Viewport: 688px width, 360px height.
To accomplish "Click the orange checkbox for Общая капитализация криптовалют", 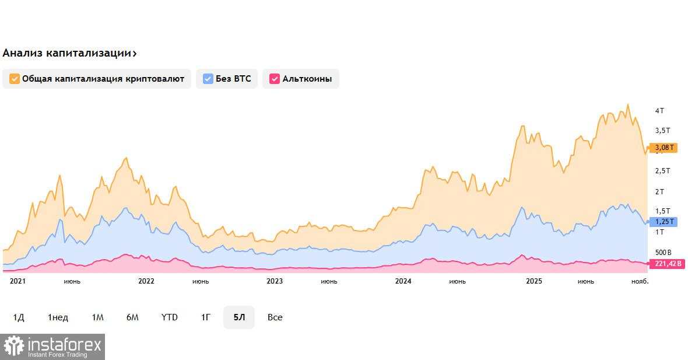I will (x=15, y=79).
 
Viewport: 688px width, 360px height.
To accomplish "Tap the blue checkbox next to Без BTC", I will (x=208, y=79).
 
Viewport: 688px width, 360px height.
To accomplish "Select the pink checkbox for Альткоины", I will (x=274, y=79).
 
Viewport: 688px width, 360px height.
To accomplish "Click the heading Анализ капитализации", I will (x=66, y=53).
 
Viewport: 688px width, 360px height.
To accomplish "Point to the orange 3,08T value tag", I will (x=664, y=148).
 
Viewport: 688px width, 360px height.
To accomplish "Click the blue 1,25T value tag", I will (x=664, y=222).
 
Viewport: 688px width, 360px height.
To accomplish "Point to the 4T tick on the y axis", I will (x=659, y=111).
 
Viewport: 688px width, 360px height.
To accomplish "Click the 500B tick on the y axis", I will (x=663, y=253).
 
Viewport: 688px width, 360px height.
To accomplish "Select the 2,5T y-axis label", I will (x=662, y=171).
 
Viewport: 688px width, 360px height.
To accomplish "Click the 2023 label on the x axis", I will (x=275, y=281).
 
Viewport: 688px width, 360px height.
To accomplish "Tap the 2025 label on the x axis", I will (x=534, y=281).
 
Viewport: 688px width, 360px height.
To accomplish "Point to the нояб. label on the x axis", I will (x=640, y=281).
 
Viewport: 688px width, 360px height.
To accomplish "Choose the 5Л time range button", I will (x=239, y=317).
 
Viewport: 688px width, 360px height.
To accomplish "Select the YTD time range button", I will (x=170, y=317).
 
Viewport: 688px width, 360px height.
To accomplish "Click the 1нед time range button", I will (x=58, y=317).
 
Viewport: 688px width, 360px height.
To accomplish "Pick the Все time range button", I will (x=275, y=317).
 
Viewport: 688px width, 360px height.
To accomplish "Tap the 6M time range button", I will (x=132, y=317).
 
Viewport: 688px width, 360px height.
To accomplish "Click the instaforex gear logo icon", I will (x=13, y=347).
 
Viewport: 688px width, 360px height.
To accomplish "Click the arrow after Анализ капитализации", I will (x=135, y=54).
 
